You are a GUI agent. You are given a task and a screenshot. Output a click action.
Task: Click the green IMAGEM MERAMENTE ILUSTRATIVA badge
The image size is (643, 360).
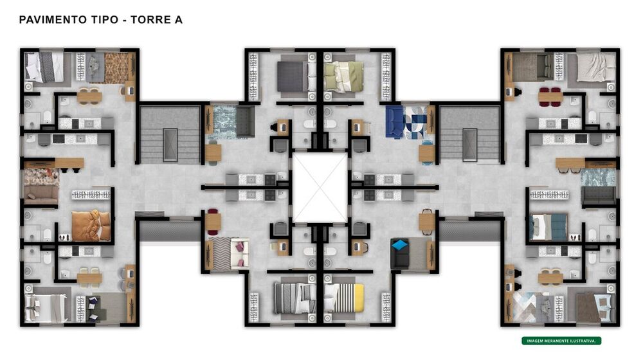pyautogui.click(x=561, y=341)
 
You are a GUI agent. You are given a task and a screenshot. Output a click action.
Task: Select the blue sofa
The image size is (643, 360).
pyautogui.click(x=395, y=122)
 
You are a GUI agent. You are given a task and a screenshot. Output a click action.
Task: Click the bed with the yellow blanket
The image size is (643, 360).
pyautogui.click(x=344, y=298)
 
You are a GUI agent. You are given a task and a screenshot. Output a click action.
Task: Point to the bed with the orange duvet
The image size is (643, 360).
pyautogui.click(x=91, y=226)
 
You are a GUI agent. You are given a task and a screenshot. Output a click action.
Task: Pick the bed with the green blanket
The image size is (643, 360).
pyautogui.click(x=343, y=76)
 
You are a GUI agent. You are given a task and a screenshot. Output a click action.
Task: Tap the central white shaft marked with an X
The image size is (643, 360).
pyautogui.click(x=320, y=188)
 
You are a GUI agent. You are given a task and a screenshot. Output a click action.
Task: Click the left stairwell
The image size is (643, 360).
pyautogui.click(x=170, y=134)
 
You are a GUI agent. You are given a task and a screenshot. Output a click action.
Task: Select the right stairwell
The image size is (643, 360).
pyautogui.click(x=469, y=134)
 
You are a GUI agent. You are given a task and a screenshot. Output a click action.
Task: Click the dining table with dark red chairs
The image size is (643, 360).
pyautogui.click(x=550, y=97)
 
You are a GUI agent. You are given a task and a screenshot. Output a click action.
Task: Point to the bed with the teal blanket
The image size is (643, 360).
pyautogui.click(x=548, y=227)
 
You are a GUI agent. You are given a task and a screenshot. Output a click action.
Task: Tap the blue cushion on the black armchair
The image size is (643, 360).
pyautogui.click(x=399, y=245)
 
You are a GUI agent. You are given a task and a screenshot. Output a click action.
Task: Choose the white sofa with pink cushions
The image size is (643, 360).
pyautogui.click(x=240, y=254)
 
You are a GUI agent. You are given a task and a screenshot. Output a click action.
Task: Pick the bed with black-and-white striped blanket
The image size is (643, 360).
pyautogui.click(x=294, y=298)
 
